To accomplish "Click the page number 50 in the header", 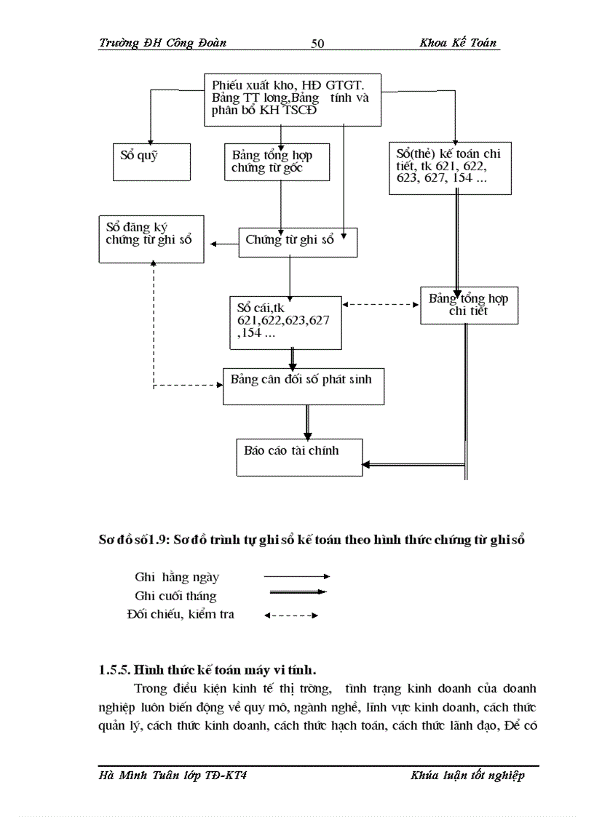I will (317, 44).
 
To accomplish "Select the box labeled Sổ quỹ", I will (151, 161).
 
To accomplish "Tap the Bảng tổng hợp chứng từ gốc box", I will (277, 162).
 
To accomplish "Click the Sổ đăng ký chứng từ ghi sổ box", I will (151, 238).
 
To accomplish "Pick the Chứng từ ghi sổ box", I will (298, 242).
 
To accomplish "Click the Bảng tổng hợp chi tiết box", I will (469, 305).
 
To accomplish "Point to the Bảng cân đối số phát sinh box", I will (303, 386).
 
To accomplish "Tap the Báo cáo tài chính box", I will (299, 457).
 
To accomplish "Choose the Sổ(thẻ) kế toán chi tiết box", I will (449, 167).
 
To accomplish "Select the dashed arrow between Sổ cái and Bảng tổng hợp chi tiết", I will (381, 304).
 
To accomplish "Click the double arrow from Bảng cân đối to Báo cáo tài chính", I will (307, 421).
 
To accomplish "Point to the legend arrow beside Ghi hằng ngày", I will (296, 577).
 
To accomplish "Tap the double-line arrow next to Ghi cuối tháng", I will (296, 592).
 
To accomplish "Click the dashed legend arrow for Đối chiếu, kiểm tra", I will (291, 615).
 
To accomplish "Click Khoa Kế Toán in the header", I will (458, 43).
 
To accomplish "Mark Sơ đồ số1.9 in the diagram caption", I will (132, 541).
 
